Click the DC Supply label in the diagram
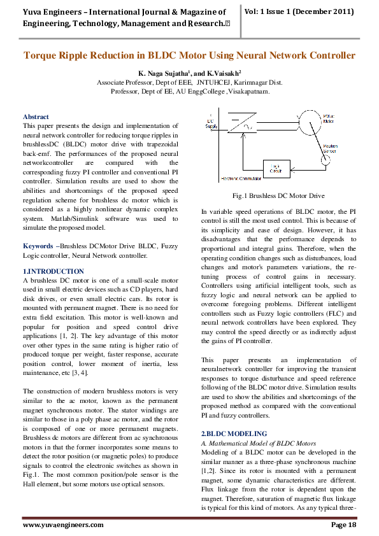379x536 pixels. (211, 124)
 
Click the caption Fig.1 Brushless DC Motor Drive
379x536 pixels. (279, 196)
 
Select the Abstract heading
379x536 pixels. (36, 117)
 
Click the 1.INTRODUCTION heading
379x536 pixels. (53, 272)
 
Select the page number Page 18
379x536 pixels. (343, 525)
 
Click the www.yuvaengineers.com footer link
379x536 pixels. (63, 525)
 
